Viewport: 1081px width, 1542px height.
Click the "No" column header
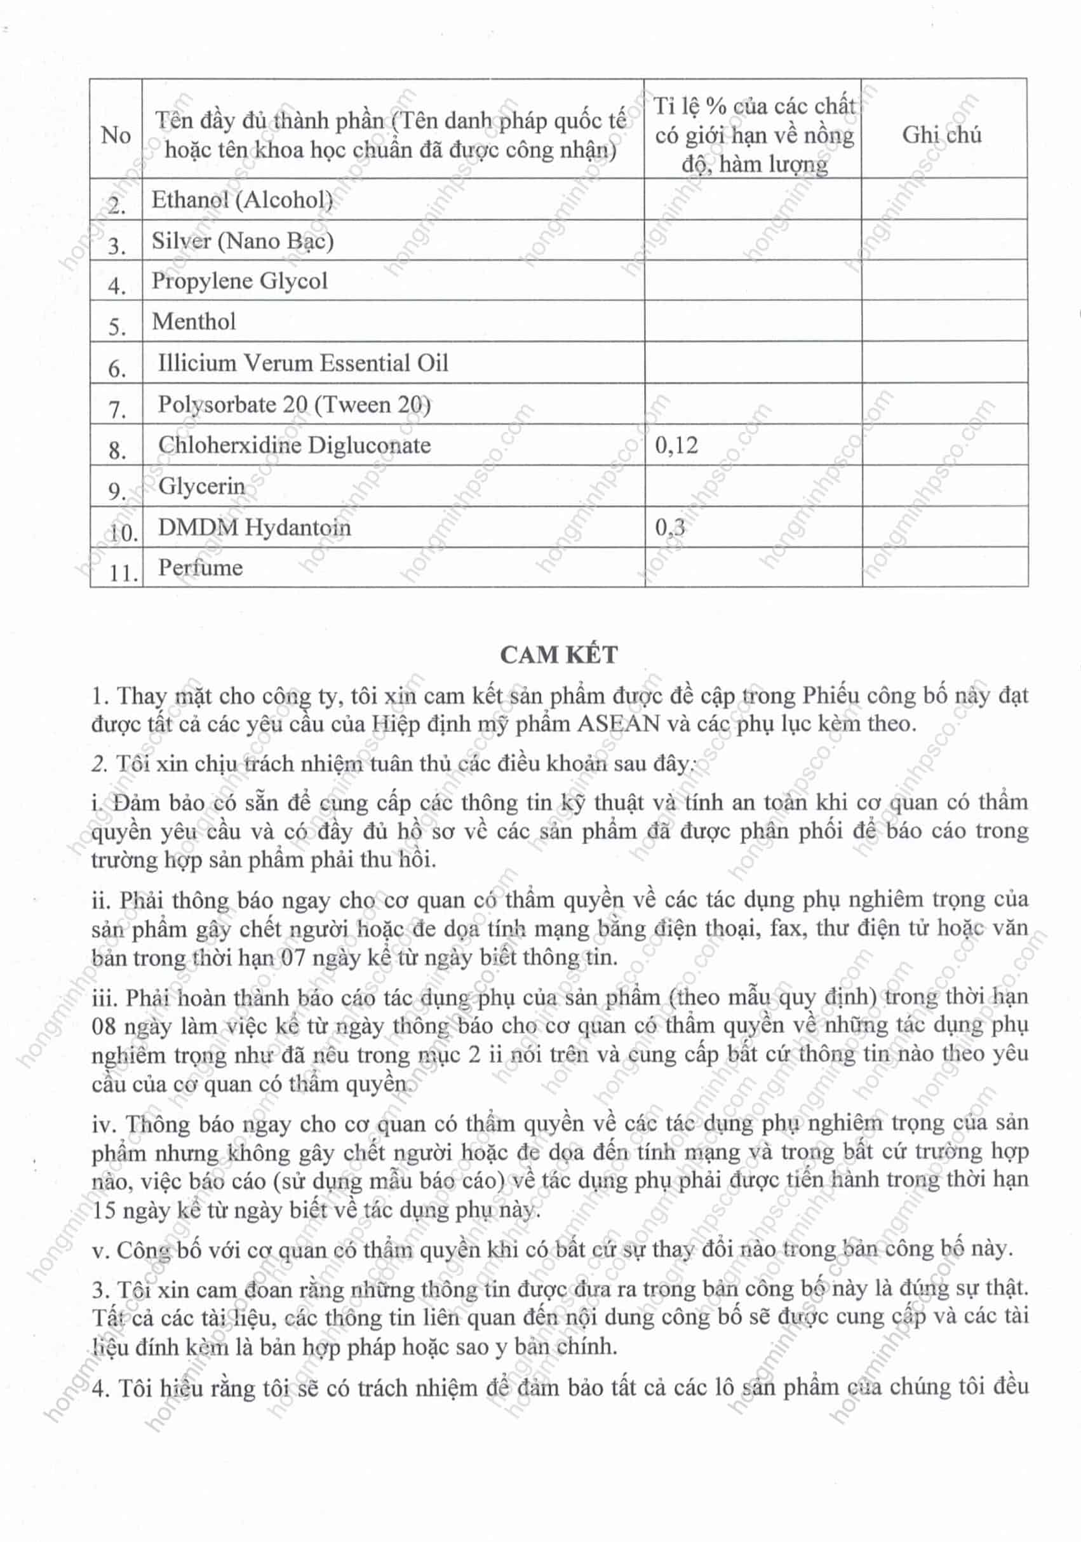pyautogui.click(x=116, y=135)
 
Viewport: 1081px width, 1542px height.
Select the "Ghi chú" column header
pyautogui.click(x=941, y=135)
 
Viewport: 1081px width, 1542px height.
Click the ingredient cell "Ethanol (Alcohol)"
pyautogui.click(x=242, y=200)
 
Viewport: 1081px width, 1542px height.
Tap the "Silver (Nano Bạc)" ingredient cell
pyautogui.click(x=242, y=240)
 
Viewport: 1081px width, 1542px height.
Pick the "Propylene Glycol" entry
pyautogui.click(x=239, y=281)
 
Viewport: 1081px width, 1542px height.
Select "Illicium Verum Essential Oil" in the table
pyautogui.click(x=302, y=363)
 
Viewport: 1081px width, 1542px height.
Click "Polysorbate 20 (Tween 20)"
pyautogui.click(x=294, y=404)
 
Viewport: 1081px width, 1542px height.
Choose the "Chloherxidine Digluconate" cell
pyautogui.click(x=294, y=445)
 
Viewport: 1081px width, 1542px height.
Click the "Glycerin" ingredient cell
pyautogui.click(x=201, y=485)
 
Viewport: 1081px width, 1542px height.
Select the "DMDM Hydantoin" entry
pyautogui.click(x=254, y=527)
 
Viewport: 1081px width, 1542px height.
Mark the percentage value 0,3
pyautogui.click(x=669, y=528)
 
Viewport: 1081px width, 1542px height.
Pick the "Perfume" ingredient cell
pyautogui.click(x=200, y=567)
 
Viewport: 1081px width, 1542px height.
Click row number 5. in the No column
pyautogui.click(x=117, y=327)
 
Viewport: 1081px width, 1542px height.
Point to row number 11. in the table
pyautogui.click(x=123, y=573)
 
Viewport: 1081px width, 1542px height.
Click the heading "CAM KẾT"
pyautogui.click(x=559, y=655)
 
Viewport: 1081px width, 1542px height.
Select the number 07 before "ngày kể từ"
pyautogui.click(x=292, y=957)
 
